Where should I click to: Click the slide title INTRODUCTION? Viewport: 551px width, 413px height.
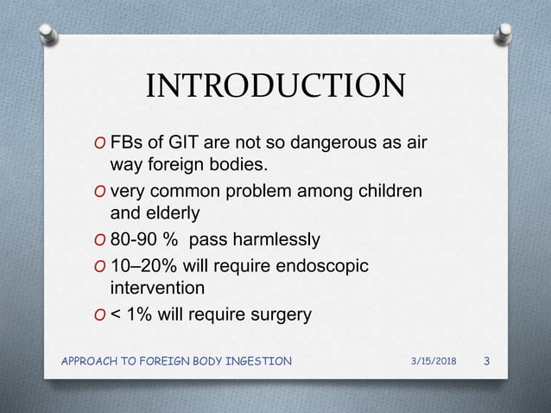275,86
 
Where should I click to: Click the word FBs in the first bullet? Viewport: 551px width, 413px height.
129,141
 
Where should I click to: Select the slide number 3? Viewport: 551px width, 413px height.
487,360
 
